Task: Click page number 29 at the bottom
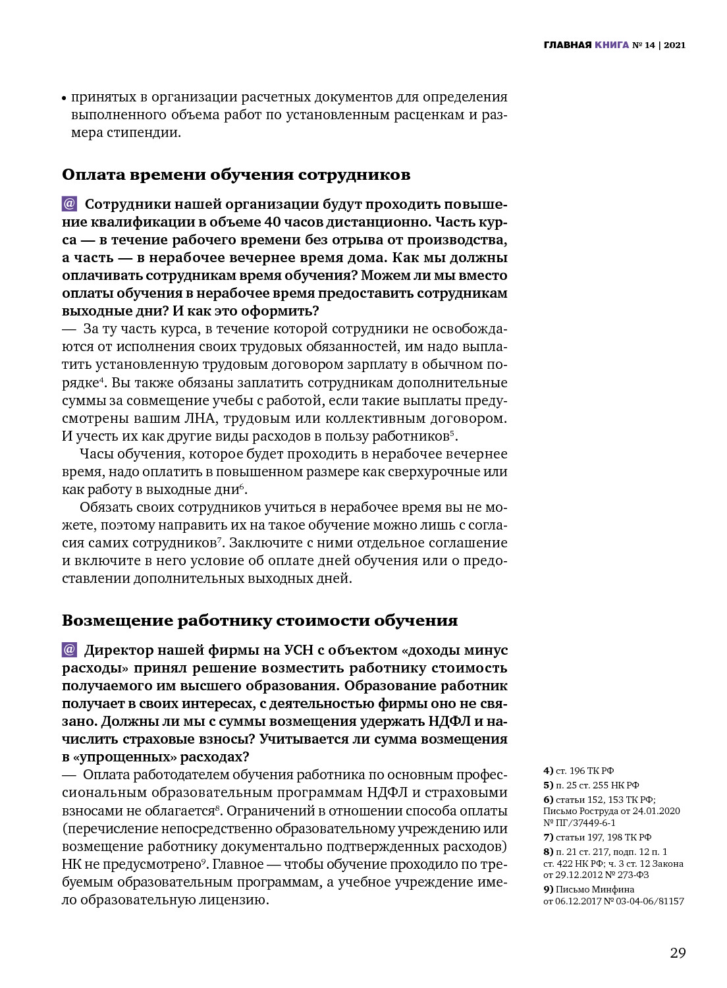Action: tap(678, 953)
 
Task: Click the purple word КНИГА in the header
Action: tap(612, 45)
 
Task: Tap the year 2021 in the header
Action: tap(675, 45)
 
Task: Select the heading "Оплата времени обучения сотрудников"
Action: tap(236, 175)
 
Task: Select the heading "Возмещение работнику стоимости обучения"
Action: tap(259, 620)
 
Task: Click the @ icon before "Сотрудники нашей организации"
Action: tap(70, 204)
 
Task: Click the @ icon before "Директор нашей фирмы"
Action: tap(70, 649)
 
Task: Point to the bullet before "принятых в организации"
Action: tap(65, 98)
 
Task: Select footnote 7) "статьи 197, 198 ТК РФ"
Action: tap(597, 837)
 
